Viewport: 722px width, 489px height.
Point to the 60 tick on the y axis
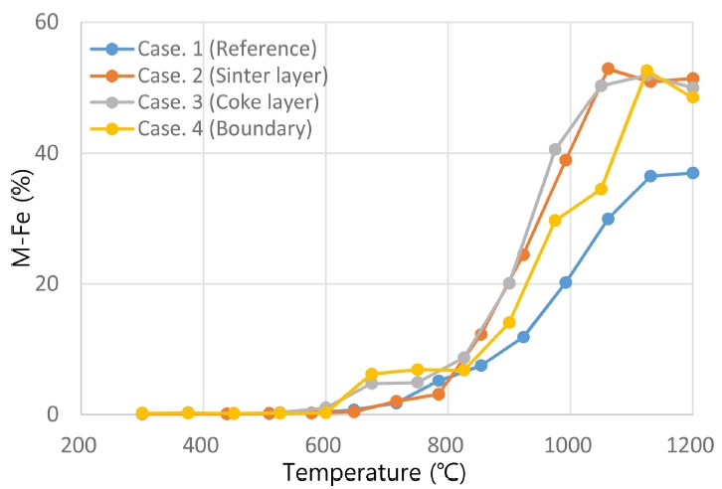point(47,22)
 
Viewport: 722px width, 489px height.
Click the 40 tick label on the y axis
point(47,153)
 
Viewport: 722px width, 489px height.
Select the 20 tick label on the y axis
point(47,283)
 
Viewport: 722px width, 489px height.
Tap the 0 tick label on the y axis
point(54,414)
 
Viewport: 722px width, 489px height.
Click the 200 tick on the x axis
point(81,441)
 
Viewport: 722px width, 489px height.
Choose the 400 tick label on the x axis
point(203,441)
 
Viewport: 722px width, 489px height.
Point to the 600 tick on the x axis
point(325,441)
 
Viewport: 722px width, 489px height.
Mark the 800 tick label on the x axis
point(448,441)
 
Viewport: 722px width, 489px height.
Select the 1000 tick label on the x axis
point(570,441)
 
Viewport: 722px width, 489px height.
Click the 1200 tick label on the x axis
point(692,441)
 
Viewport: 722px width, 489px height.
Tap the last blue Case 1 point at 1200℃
point(692,173)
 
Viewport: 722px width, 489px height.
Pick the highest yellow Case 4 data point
point(646,72)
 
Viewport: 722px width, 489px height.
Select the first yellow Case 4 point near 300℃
point(142,413)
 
